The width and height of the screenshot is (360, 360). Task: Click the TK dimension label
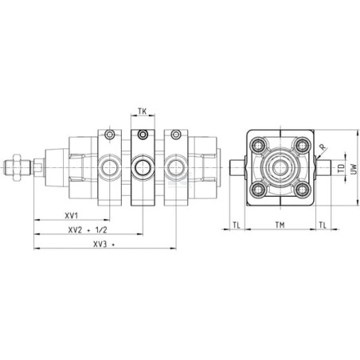coord(143,111)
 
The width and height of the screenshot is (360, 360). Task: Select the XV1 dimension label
coord(72,216)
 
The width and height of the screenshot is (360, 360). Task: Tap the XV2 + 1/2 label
coord(88,230)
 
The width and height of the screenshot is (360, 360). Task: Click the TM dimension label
coord(280,225)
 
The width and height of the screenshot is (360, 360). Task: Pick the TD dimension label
coord(342,168)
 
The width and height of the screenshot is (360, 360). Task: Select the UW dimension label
coord(354,169)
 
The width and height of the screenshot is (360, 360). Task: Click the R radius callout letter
coord(323,147)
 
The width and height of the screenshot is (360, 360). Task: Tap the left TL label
coord(237,225)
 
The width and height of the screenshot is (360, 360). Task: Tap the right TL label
coord(323,225)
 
